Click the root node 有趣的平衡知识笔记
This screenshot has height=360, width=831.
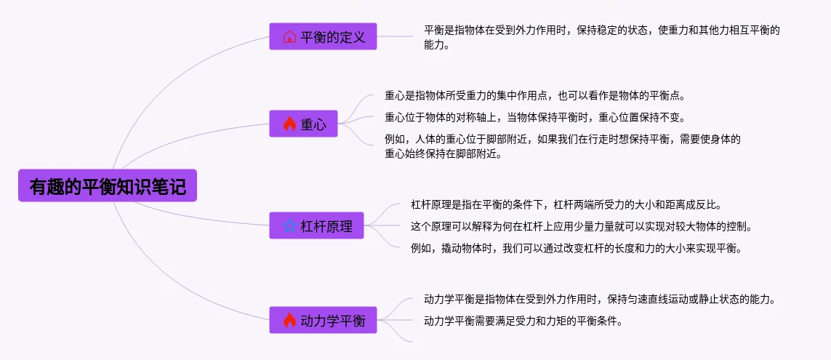click(107, 186)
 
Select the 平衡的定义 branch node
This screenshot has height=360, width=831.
click(323, 36)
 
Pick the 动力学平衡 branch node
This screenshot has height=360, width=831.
click(323, 320)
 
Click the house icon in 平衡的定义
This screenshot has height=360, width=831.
click(289, 36)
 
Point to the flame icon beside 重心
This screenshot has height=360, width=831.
click(289, 124)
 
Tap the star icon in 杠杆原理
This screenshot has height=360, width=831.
click(289, 226)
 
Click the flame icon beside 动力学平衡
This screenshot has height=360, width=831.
click(289, 320)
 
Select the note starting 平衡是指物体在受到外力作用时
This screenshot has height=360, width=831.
click(603, 37)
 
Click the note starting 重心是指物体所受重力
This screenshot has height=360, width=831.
click(534, 96)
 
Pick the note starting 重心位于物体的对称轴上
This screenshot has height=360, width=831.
click(534, 117)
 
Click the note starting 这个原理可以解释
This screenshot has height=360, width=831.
click(581, 226)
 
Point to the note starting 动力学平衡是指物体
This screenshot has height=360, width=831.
click(600, 299)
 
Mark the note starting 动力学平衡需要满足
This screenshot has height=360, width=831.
click(523, 320)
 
